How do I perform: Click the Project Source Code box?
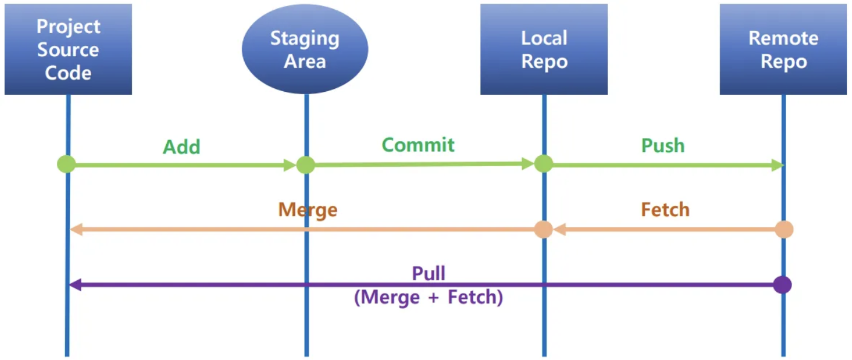coord(68,50)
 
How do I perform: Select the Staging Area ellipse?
coord(305,50)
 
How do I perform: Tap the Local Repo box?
coord(544,50)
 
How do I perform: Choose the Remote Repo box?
coord(783,50)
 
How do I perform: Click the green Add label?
coord(181,147)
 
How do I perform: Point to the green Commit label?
coord(418,145)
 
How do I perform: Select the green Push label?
coord(663,146)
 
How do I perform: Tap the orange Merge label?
coord(308,210)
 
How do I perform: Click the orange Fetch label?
coord(665,210)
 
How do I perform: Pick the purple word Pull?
coord(428,273)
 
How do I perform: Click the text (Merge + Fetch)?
coord(428,298)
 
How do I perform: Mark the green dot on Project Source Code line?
coord(66,164)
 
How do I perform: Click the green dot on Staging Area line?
coord(306,164)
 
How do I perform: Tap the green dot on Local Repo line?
coord(543,163)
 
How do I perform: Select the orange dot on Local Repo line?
coord(543,230)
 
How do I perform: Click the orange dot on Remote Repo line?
coord(784,230)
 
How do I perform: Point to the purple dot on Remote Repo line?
coord(783,284)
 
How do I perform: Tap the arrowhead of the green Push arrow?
coord(778,165)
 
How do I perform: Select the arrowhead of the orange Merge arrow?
coord(76,230)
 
